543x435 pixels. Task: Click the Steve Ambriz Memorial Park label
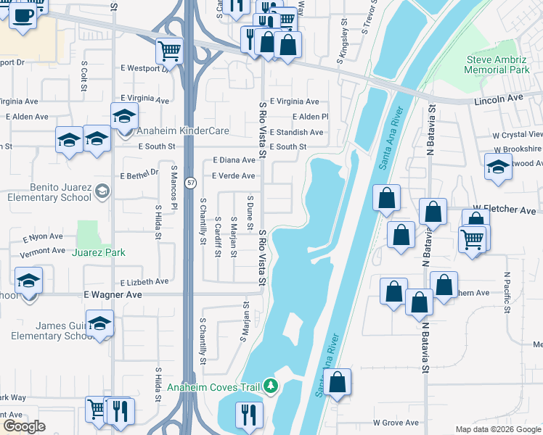497,65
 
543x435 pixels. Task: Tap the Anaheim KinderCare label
179,131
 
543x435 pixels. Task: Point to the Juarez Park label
99,252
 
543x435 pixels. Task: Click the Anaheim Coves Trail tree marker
271,386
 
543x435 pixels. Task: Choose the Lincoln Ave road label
499,98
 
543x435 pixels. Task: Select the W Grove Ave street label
396,423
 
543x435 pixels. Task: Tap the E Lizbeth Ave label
144,281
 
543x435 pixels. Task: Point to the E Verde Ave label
233,176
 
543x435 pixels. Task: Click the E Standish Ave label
296,133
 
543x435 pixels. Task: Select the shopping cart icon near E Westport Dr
169,50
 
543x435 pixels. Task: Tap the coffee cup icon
23,14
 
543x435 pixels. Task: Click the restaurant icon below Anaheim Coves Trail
248,415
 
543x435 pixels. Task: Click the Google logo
24,426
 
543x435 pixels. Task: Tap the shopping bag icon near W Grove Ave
338,382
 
